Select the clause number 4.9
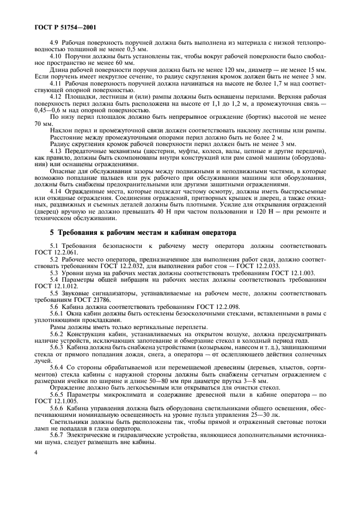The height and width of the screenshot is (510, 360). (x=55, y=42)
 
